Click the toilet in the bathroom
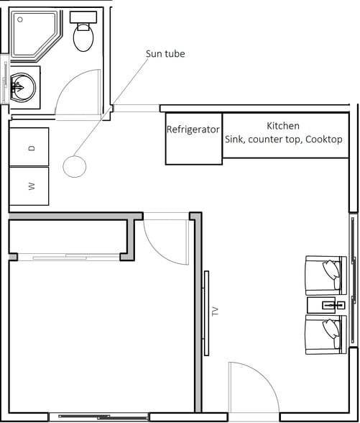pyautogui.click(x=83, y=37)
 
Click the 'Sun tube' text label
pyautogui.click(x=165, y=54)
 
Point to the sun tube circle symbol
pyautogui.click(x=75, y=166)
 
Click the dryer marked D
pyautogui.click(x=29, y=147)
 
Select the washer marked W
pyautogui.click(x=29, y=186)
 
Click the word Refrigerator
pyautogui.click(x=193, y=130)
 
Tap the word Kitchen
pyautogui.click(x=282, y=125)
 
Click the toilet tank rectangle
pyautogui.click(x=83, y=17)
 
